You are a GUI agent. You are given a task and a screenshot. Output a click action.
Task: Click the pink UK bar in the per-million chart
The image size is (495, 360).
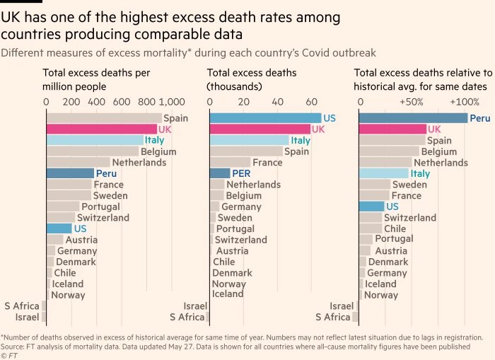pyautogui.click(x=101, y=129)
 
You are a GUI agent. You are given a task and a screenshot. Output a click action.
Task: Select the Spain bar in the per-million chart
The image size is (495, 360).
pyautogui.click(x=104, y=118)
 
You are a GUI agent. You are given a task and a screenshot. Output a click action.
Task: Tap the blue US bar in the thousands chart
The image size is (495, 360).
pyautogui.click(x=265, y=118)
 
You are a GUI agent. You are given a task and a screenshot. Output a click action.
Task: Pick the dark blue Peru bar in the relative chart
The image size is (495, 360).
pyautogui.click(x=413, y=118)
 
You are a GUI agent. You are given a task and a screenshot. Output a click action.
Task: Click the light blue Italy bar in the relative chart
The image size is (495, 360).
pyautogui.click(x=384, y=173)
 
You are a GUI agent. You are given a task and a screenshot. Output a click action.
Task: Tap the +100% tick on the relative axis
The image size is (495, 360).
pyautogui.click(x=462, y=102)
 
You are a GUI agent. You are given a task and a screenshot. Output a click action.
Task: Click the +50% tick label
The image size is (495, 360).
pyautogui.click(x=412, y=102)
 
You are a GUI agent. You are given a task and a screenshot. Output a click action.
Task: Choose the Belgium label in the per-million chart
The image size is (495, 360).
pyautogui.click(x=158, y=151)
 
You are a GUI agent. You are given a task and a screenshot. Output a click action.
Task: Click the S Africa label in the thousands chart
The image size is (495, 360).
pyautogui.click(x=187, y=317)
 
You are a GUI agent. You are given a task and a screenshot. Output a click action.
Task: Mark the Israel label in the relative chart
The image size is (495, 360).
pyautogui.click(x=342, y=306)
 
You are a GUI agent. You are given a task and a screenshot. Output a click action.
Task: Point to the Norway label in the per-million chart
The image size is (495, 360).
pyautogui.click(x=69, y=295)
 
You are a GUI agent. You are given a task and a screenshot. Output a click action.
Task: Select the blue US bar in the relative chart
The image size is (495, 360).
pyautogui.click(x=371, y=207)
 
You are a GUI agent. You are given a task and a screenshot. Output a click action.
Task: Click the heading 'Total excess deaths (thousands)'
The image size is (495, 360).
pyautogui.click(x=252, y=79)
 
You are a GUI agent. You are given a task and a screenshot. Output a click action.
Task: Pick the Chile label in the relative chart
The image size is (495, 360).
pyautogui.click(x=395, y=228)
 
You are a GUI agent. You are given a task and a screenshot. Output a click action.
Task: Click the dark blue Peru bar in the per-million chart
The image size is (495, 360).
pyautogui.click(x=70, y=173)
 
